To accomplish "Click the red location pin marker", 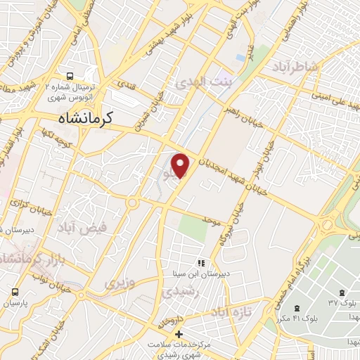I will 181,165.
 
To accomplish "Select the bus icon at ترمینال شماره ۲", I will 70,76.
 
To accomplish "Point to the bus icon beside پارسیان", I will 15,292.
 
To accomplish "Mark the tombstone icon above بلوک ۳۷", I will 342,292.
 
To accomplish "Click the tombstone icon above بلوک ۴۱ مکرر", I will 297,308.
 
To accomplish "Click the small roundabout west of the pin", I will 131,203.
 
